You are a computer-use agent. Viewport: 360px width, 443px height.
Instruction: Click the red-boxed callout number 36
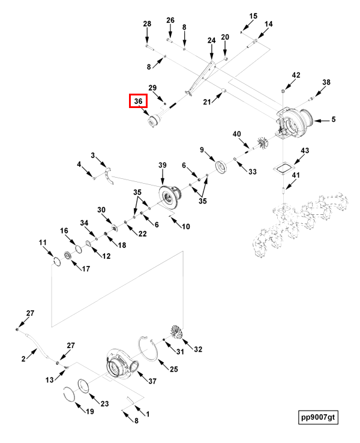(138, 101)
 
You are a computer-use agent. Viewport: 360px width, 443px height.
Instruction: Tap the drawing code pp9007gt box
(318, 417)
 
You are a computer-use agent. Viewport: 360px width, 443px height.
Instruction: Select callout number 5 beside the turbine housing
(334, 119)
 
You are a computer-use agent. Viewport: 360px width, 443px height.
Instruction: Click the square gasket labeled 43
(283, 170)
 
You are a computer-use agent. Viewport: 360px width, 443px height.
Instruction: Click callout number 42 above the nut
(296, 75)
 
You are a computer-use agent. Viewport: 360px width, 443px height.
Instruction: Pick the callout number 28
(147, 24)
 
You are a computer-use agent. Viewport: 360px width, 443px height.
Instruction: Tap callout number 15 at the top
(253, 16)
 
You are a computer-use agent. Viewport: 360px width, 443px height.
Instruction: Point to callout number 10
(186, 226)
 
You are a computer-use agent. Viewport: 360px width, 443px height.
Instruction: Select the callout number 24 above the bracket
(211, 41)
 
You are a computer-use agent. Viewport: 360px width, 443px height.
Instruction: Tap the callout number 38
(326, 82)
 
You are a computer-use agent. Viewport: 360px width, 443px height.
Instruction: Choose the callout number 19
(90, 411)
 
